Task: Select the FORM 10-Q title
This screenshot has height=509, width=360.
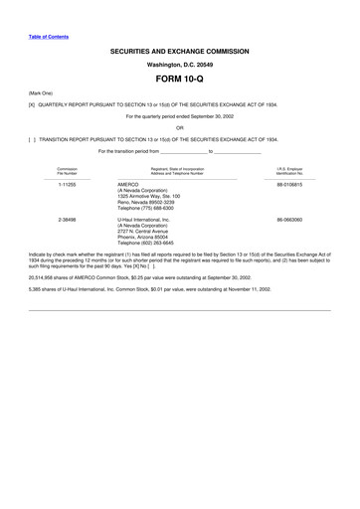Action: point(179,77)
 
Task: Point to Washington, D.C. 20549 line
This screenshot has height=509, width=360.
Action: point(179,61)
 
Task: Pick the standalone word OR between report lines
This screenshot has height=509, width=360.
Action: point(179,127)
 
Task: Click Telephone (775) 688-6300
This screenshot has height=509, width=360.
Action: point(151,209)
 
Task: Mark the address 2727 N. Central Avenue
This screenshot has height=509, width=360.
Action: point(149,231)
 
